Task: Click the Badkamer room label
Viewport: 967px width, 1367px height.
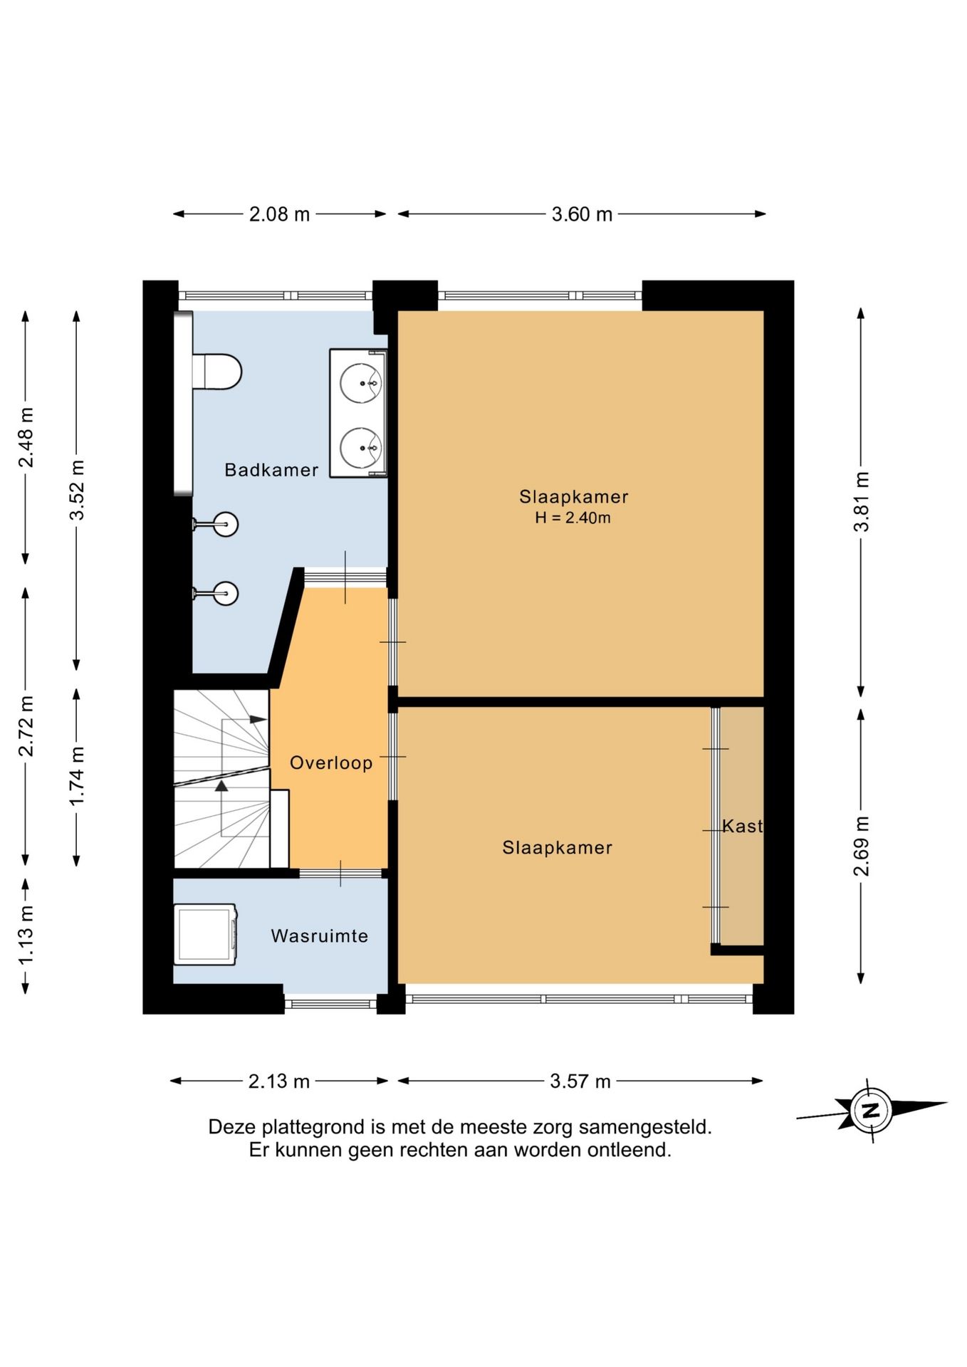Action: [271, 470]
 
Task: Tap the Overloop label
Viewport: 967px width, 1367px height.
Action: [331, 763]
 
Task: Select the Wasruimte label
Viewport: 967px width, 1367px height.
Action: [320, 936]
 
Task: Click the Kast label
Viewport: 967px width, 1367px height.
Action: [743, 826]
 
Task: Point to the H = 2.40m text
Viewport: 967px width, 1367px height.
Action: [573, 518]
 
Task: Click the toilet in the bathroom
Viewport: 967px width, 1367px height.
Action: [217, 372]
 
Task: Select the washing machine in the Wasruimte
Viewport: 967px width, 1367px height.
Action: [205, 934]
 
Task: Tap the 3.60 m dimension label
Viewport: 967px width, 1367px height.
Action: [582, 214]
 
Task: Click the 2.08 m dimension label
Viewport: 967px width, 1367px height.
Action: [279, 214]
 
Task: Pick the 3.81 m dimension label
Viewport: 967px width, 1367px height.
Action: [862, 502]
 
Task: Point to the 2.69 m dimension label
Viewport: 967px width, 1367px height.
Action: [862, 847]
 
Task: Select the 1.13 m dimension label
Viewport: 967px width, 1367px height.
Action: [26, 935]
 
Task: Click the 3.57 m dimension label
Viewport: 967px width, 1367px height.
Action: [580, 1081]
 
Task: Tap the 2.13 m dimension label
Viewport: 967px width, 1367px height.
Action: [279, 1081]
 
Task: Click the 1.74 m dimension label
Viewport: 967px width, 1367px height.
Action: [77, 776]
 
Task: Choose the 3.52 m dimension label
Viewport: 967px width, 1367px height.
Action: [77, 490]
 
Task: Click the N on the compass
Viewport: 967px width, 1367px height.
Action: [870, 1110]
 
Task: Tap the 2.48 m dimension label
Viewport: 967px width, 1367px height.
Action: [26, 437]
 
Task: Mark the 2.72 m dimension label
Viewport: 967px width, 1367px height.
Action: [26, 726]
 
